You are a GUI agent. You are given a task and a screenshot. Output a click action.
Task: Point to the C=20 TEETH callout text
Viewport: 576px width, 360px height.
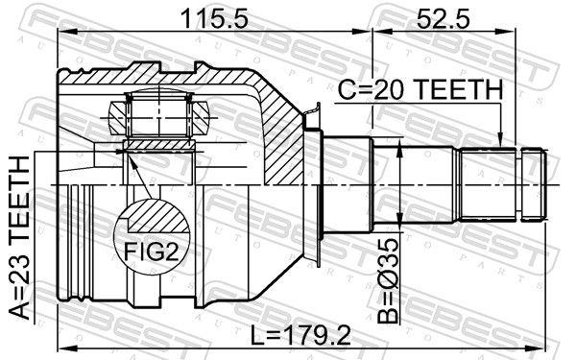420,90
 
